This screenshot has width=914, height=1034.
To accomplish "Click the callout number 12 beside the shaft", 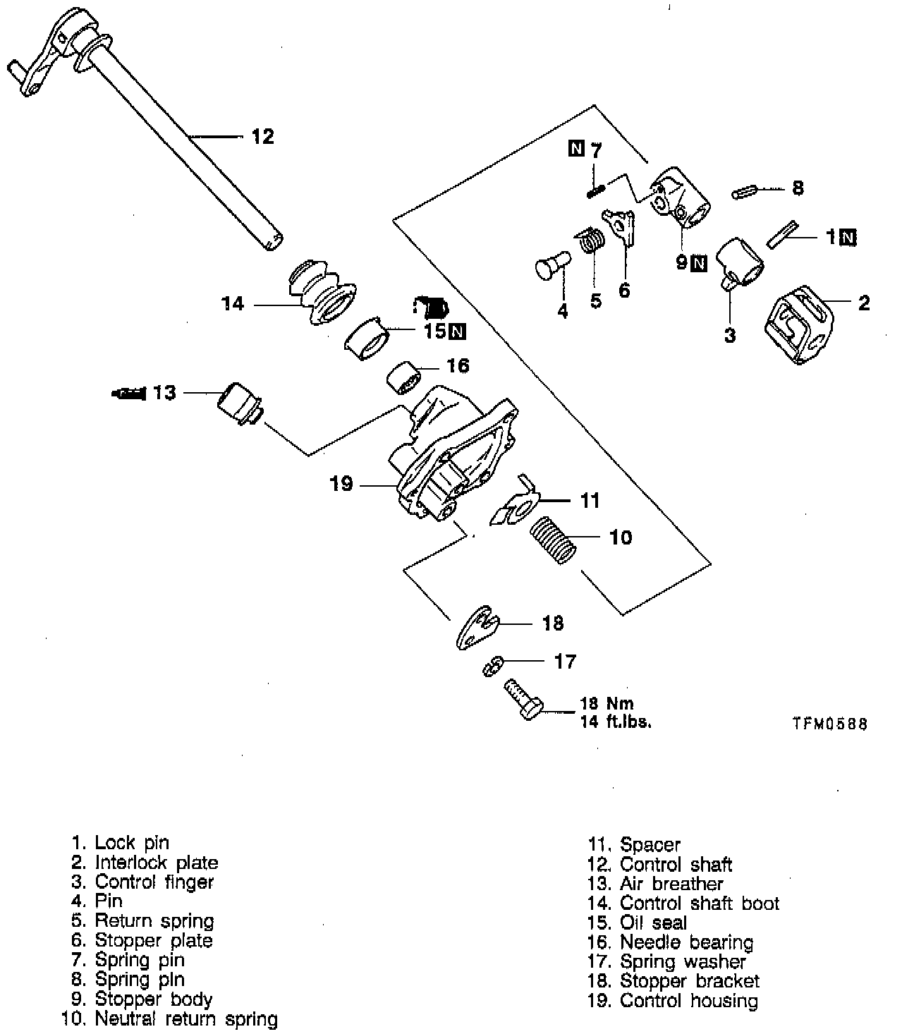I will pos(262,136).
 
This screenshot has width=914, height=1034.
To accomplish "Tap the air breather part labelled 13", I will pos(238,404).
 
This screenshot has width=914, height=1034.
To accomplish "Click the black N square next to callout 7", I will pos(576,149).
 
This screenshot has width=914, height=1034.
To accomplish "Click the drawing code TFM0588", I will pos(829,724).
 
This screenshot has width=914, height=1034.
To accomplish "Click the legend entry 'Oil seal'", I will pos(652,923).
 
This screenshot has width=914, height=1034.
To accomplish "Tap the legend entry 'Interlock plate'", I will pos(157,862).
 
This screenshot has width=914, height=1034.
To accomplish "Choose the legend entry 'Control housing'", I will pos(688,1000).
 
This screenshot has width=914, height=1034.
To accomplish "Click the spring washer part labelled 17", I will pos(494,664).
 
